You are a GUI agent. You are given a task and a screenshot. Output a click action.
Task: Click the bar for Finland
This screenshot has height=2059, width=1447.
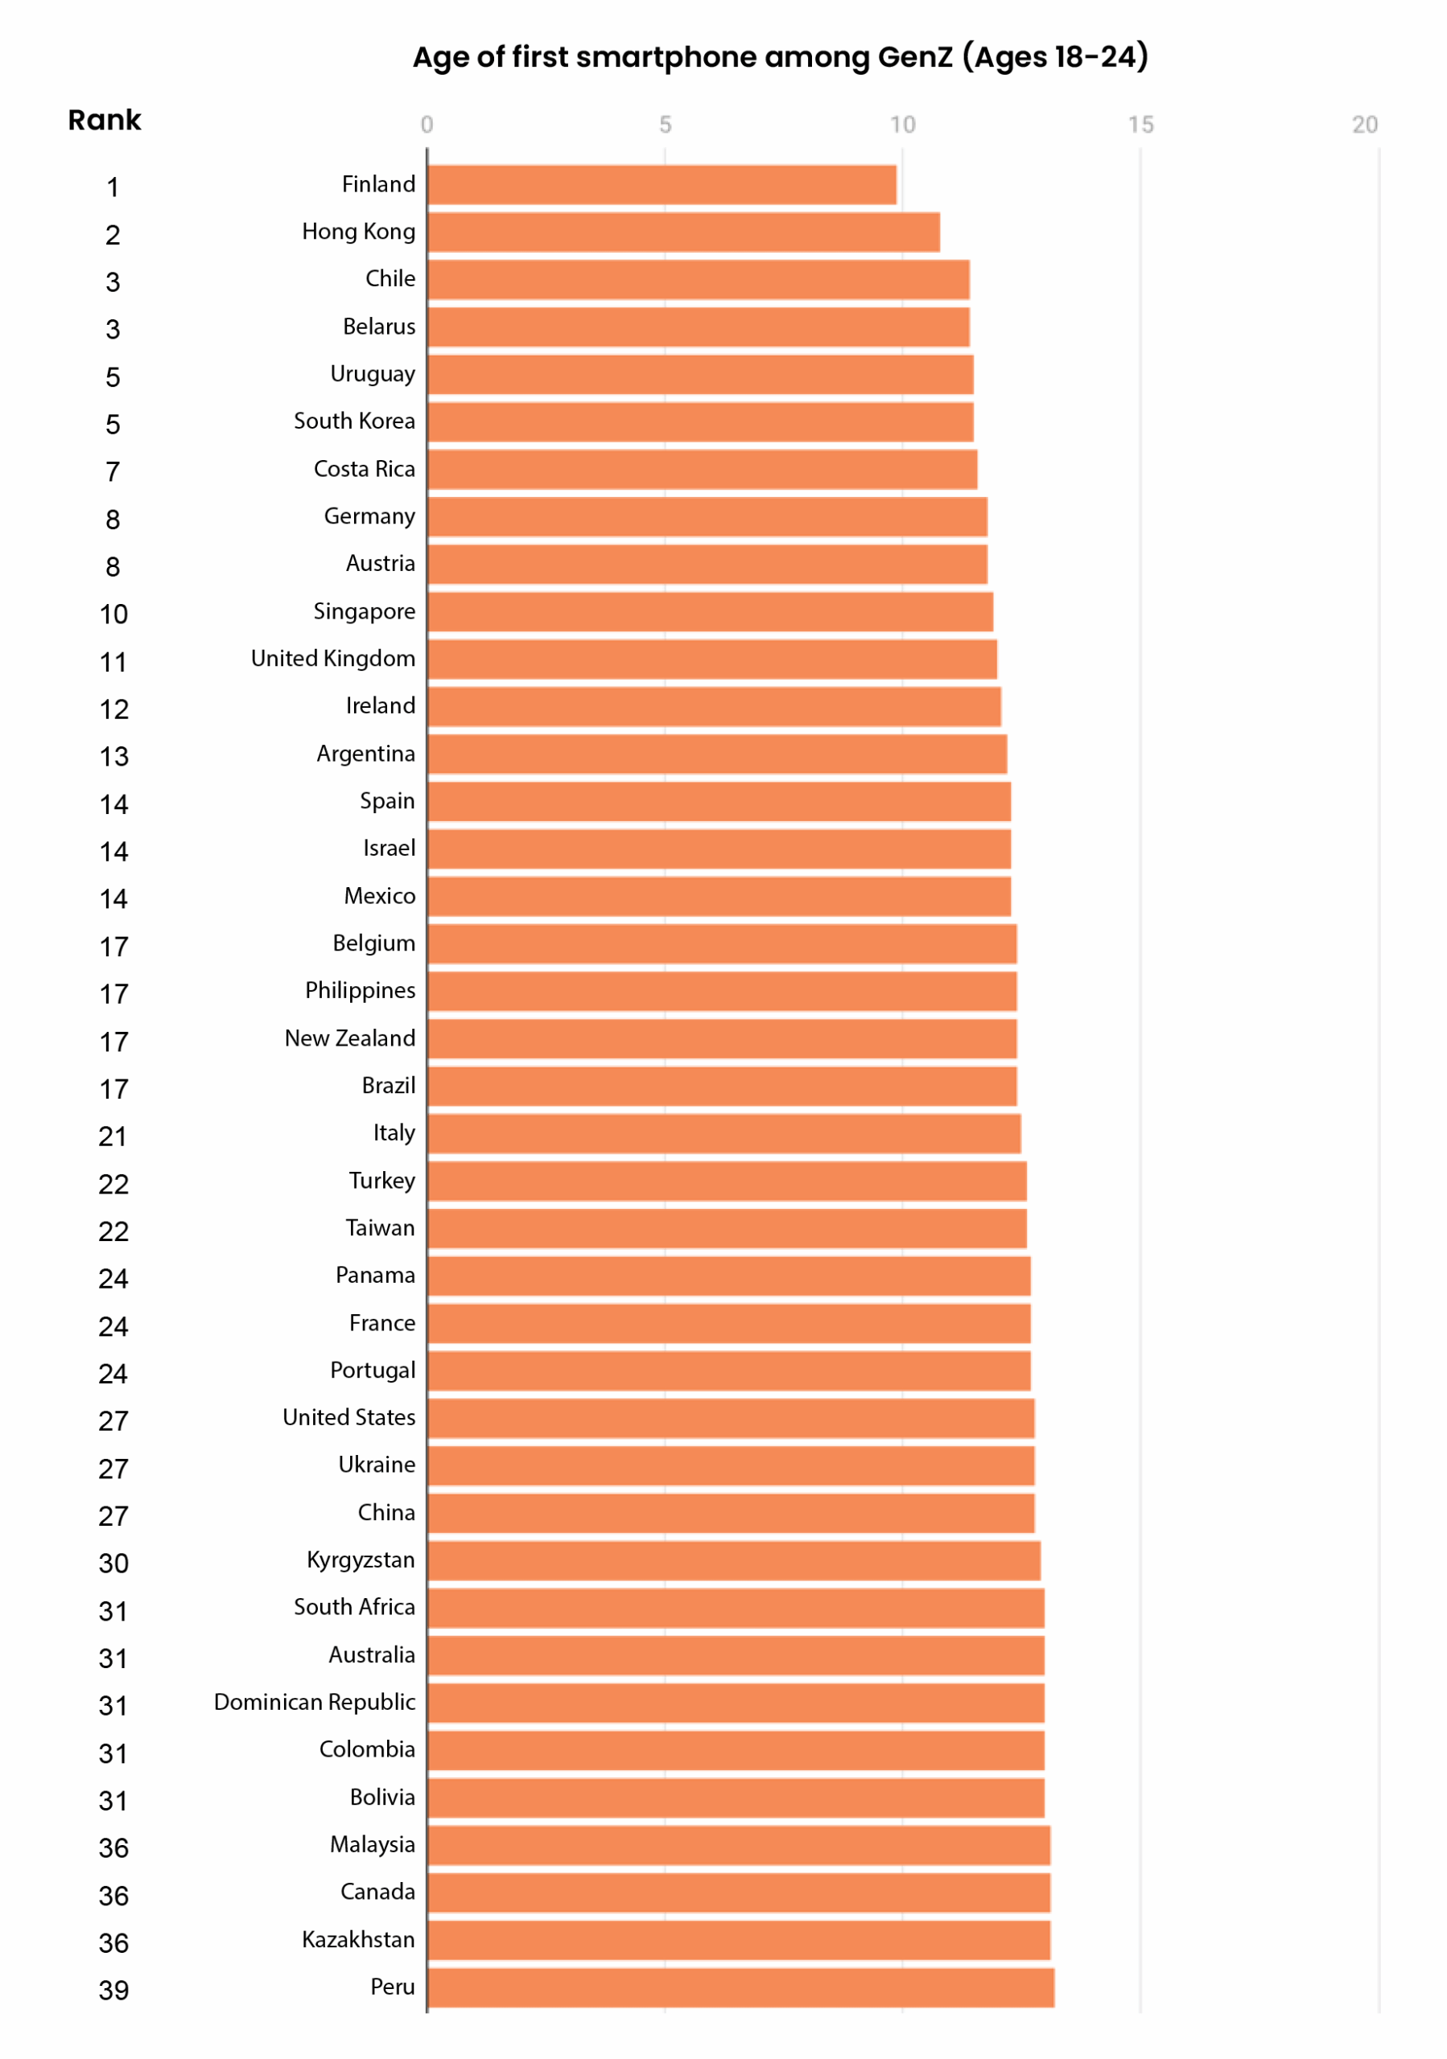[662, 185]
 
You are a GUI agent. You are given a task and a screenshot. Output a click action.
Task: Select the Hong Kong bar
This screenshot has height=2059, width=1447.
[682, 232]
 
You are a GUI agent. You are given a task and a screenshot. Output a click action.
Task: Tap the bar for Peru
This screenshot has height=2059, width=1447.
[740, 1987]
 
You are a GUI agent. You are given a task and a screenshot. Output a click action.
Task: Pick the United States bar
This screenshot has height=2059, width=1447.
[730, 1418]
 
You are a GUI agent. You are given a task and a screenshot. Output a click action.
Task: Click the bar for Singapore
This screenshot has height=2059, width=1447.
[710, 611]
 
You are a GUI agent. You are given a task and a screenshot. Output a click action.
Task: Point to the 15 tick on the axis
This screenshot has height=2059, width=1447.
[1140, 125]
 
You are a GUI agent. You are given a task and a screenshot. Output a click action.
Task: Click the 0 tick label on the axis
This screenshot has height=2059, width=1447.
[427, 125]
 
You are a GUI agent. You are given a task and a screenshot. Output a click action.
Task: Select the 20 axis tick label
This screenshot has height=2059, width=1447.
[1364, 125]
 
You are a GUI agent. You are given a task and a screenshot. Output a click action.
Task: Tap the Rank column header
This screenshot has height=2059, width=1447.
[104, 120]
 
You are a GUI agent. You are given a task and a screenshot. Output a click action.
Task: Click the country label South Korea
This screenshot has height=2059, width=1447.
[354, 421]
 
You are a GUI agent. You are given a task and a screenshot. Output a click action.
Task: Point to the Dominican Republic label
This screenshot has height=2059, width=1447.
[314, 1702]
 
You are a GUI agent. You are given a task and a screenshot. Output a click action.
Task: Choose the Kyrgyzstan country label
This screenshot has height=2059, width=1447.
[361, 1560]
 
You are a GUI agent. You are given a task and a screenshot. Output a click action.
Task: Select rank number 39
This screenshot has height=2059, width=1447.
[114, 1990]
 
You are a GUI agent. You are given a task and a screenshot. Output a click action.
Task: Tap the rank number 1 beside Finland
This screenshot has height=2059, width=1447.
[113, 187]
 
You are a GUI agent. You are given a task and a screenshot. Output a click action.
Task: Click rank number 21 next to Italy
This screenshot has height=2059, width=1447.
[113, 1136]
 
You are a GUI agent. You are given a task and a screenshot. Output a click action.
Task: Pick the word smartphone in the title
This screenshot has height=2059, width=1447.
[666, 57]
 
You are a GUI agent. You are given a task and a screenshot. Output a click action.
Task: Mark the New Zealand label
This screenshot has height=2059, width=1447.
[350, 1038]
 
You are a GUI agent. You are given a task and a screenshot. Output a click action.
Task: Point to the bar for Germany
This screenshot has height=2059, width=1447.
[707, 516]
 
